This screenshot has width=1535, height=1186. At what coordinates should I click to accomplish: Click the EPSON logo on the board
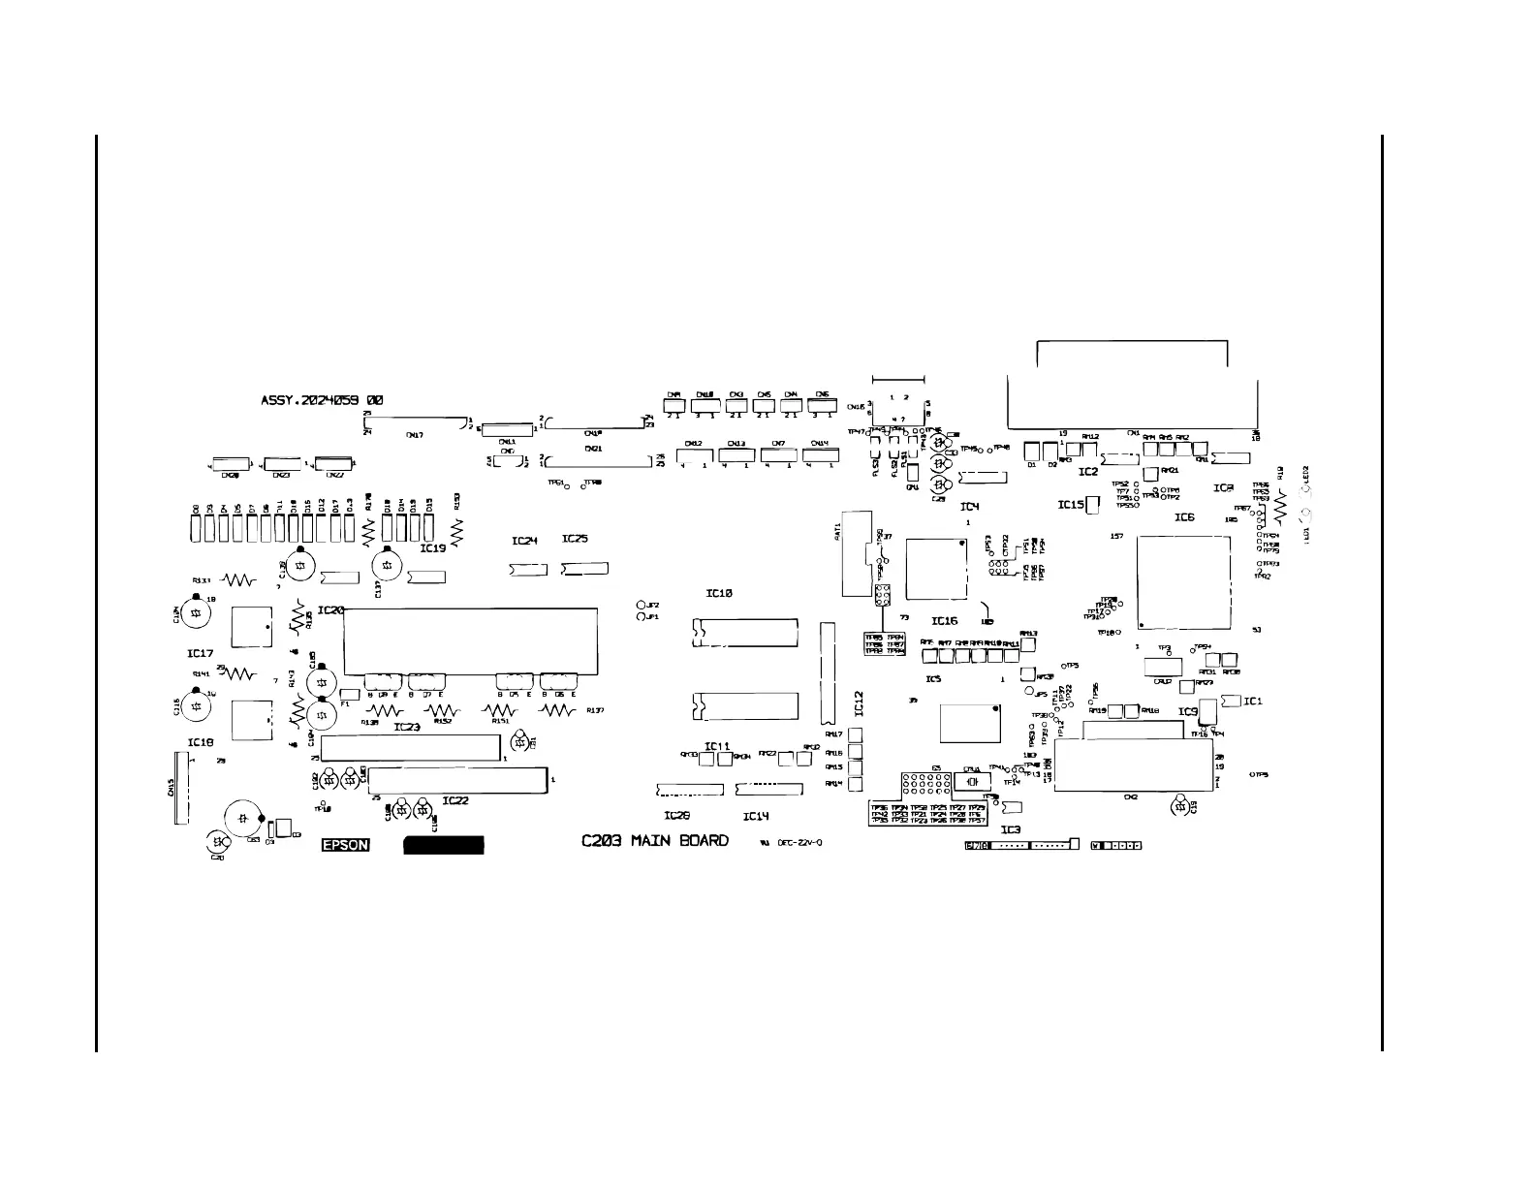pos(345,845)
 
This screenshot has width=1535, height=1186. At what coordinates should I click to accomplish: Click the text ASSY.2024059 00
pos(322,399)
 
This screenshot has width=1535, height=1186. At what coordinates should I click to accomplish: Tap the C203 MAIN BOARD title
pos(655,841)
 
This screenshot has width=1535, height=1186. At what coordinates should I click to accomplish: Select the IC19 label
pos(432,547)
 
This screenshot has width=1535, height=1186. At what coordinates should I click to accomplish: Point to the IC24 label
pos(524,541)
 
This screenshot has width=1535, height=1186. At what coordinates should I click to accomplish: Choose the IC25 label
pos(575,539)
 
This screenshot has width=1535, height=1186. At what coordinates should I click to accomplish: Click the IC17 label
pos(200,654)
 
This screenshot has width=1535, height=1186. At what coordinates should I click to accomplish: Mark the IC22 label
pos(455,800)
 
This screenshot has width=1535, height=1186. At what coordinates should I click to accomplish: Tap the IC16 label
pos(945,621)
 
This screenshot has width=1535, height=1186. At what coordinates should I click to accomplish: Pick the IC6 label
pos(1184,517)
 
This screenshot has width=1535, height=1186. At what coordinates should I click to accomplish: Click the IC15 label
pos(1070,505)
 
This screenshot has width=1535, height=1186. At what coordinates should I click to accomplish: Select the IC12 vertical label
pos(859,703)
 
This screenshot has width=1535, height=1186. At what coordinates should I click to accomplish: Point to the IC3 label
pos(1010,829)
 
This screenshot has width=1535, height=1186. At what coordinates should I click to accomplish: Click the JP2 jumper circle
pos(641,606)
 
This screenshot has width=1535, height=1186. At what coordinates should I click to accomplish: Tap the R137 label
pos(595,710)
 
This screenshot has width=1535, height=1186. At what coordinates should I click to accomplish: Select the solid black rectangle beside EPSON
pos(443,845)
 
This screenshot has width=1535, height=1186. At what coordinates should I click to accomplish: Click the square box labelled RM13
pos(1028,645)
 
